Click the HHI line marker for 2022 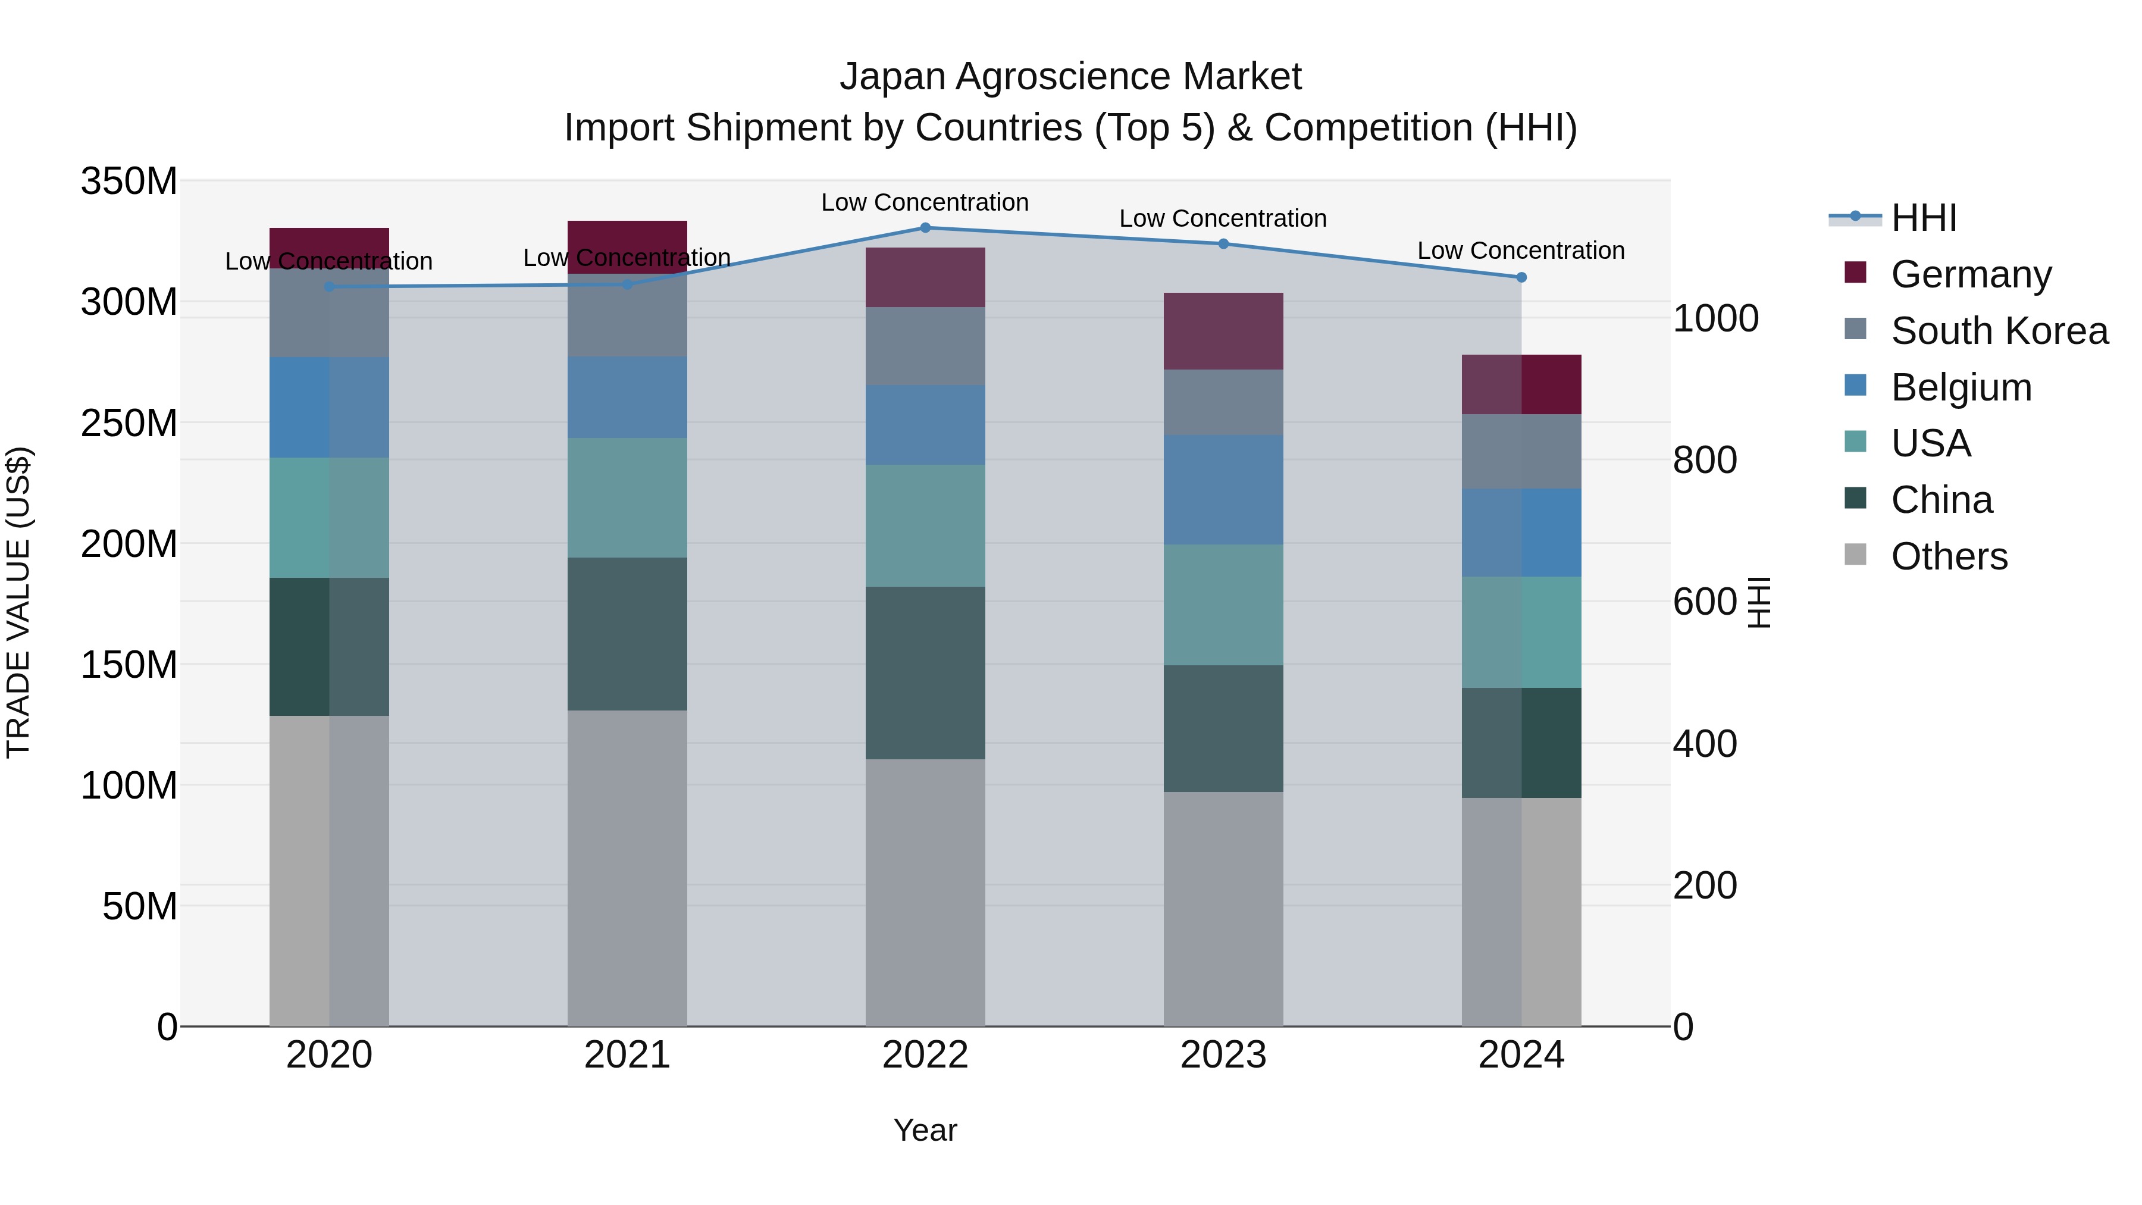[x=925, y=228]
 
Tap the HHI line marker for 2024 [x=1521, y=278]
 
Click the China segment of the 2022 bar [x=925, y=673]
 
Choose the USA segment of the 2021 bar [x=627, y=497]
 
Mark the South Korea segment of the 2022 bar [x=925, y=346]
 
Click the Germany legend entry [x=1971, y=274]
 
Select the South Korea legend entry [x=1999, y=331]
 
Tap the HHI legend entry [x=1922, y=218]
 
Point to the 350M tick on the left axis [x=129, y=181]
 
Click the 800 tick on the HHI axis [x=1705, y=460]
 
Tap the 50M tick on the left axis [x=140, y=906]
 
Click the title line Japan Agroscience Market [x=1070, y=77]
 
